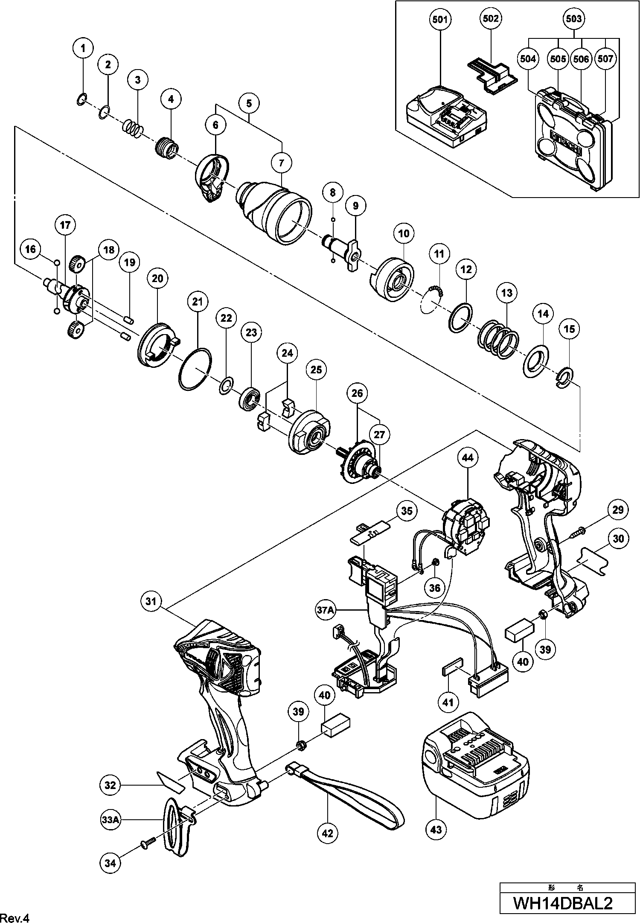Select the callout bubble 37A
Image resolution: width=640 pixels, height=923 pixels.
pos(325,611)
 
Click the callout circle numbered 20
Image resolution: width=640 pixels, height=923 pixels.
pos(157,278)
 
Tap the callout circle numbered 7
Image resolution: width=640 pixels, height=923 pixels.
pos(282,163)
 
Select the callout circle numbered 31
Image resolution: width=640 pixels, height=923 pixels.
pos(152,602)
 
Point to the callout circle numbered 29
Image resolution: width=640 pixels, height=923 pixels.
pos(617,510)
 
